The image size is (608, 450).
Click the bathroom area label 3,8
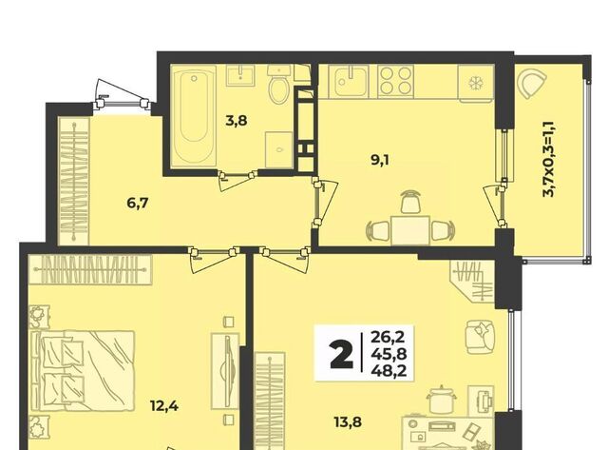pos(237,121)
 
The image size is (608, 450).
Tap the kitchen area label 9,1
pos(380,159)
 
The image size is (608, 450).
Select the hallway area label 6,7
pos(138,203)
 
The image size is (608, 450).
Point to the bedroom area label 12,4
pos(164,406)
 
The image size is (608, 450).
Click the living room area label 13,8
pos(348,421)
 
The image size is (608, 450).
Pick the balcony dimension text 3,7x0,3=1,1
pos(549,159)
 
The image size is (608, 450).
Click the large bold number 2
pos(342,354)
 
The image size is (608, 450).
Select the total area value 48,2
pos(389,372)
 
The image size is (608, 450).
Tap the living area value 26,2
pos(388,336)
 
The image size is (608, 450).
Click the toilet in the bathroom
pos(279,86)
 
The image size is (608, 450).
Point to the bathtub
pos(194,116)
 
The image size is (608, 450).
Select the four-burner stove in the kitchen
pos(395,81)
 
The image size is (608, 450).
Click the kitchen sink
pos(349,81)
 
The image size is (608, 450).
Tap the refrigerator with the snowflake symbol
pos(475,83)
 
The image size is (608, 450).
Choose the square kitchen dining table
pos(409,230)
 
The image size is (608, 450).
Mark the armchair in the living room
pos(480,337)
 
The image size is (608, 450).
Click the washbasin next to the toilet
pos(240,75)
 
